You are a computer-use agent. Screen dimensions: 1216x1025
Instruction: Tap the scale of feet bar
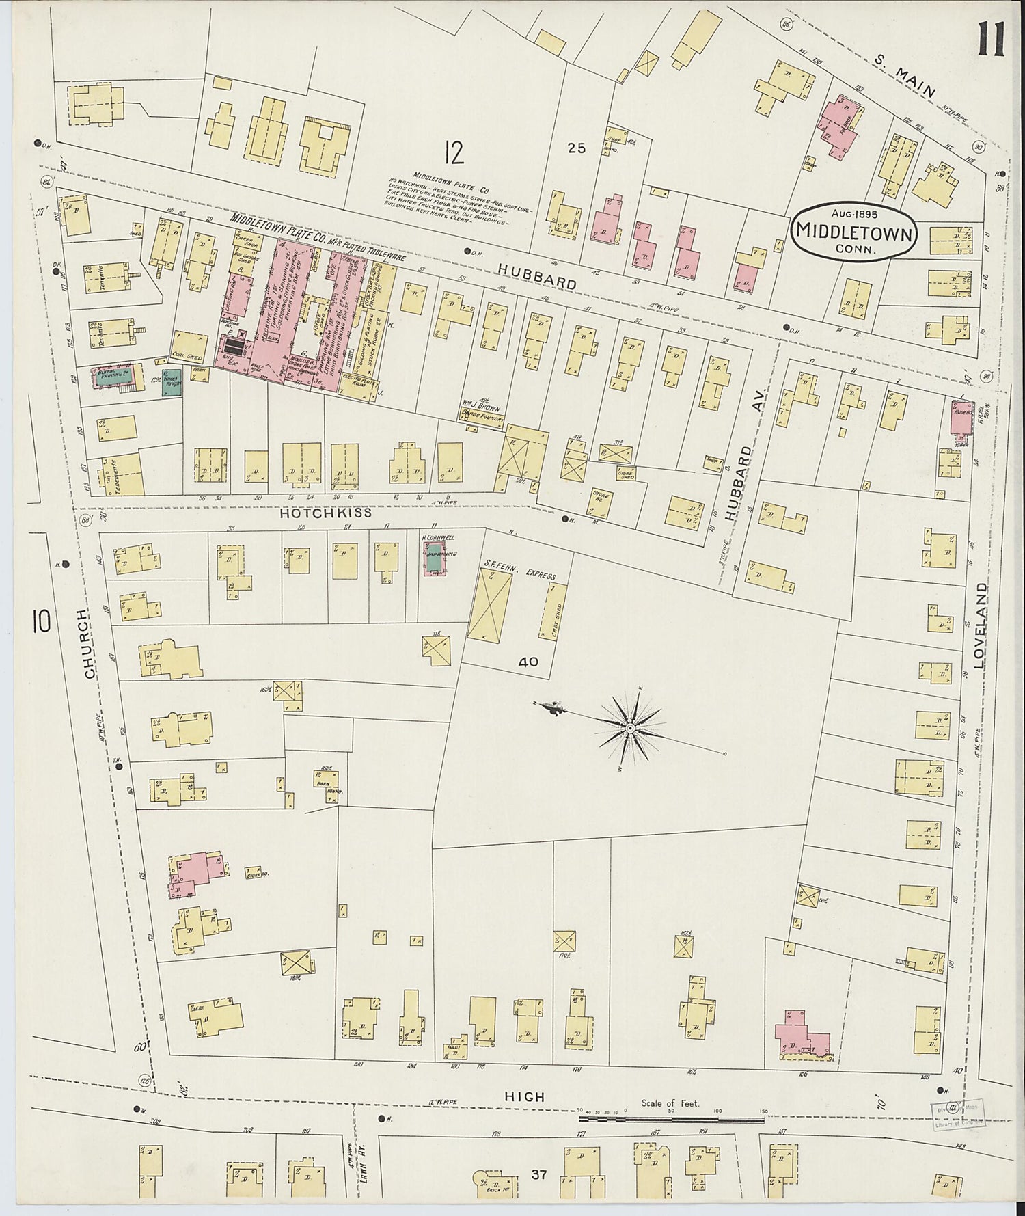click(x=672, y=1120)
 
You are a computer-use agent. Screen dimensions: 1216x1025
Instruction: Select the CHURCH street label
click(x=88, y=643)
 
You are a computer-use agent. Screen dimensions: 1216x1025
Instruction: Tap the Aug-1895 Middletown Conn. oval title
click(x=853, y=230)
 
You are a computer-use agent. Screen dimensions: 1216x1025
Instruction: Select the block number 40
click(x=528, y=662)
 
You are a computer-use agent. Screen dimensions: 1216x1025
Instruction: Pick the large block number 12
click(x=453, y=152)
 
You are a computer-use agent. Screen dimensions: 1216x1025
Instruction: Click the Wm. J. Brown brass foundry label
click(x=482, y=412)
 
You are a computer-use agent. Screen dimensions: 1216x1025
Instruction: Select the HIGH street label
click(x=524, y=1096)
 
